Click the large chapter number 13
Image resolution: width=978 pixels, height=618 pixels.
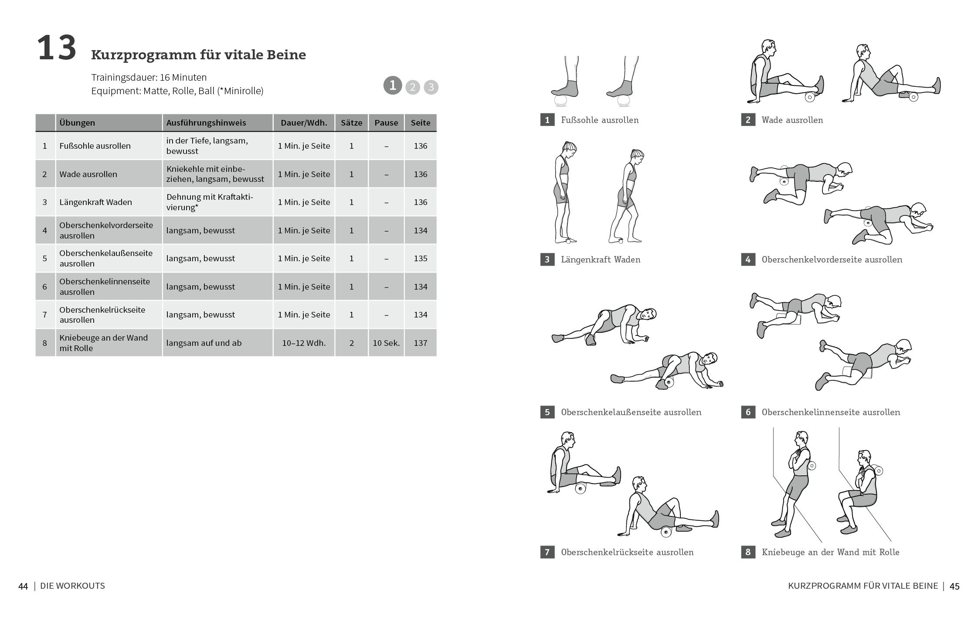pyautogui.click(x=57, y=48)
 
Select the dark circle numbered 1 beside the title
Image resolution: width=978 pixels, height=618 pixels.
pyautogui.click(x=392, y=85)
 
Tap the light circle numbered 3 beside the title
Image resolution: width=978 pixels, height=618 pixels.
pyautogui.click(x=431, y=87)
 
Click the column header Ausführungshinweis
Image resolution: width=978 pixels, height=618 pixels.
pyautogui.click(x=206, y=123)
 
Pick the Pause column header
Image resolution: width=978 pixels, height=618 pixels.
pyautogui.click(x=386, y=123)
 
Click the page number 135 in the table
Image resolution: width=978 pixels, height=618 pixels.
pyautogui.click(x=420, y=258)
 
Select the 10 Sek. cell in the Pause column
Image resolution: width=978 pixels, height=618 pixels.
pyautogui.click(x=386, y=343)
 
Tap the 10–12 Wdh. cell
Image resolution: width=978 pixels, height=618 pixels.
pyautogui.click(x=304, y=343)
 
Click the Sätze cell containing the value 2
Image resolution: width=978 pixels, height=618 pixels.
pyautogui.click(x=351, y=343)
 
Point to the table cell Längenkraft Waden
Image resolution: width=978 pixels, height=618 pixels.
pyautogui.click(x=95, y=202)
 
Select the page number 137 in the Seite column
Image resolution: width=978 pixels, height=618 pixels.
pyautogui.click(x=420, y=343)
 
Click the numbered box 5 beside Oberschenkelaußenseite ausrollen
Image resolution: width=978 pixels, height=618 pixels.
pyautogui.click(x=547, y=412)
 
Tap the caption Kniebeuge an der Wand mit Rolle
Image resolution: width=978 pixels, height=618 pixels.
pyautogui.click(x=830, y=552)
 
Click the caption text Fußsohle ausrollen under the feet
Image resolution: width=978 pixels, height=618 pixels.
pyautogui.click(x=600, y=120)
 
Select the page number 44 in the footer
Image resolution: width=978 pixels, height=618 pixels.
pyautogui.click(x=23, y=586)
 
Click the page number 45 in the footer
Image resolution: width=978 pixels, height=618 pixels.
pyautogui.click(x=954, y=586)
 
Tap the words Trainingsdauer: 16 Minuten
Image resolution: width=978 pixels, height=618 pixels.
pyautogui.click(x=149, y=77)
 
